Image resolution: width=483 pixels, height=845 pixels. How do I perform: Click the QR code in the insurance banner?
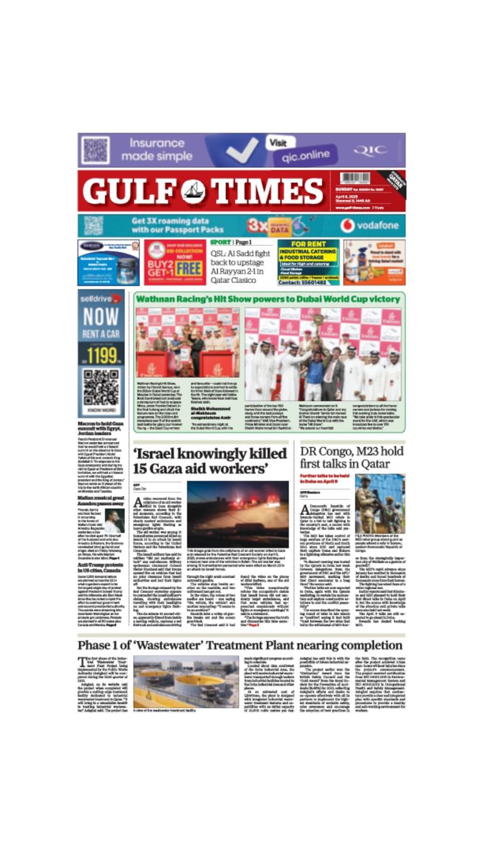[x=95, y=150]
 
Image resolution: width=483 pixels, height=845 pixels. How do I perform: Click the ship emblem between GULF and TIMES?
[x=193, y=191]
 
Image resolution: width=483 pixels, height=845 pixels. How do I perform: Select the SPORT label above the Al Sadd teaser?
[x=220, y=242]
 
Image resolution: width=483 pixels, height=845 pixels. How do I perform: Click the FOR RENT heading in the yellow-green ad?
[x=308, y=244]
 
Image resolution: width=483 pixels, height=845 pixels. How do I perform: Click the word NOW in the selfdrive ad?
[x=101, y=316]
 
